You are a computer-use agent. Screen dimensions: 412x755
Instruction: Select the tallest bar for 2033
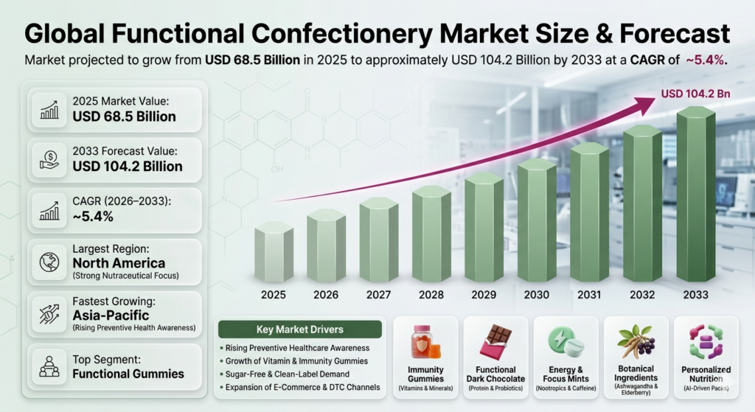pyautogui.click(x=695, y=195)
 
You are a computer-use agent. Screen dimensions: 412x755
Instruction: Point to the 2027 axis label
pyautogui.click(x=378, y=295)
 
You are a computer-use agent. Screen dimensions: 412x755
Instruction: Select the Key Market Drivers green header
pyautogui.click(x=299, y=329)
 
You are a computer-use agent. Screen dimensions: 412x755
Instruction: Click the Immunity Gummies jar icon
pyautogui.click(x=425, y=342)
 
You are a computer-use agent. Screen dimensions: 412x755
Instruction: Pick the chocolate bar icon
pyautogui.click(x=495, y=342)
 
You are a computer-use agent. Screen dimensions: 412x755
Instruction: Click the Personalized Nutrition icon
pyautogui.click(x=706, y=342)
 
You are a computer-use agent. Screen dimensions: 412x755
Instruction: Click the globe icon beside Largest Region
pyautogui.click(x=50, y=262)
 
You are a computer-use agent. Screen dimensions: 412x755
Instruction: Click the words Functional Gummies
pyautogui.click(x=128, y=373)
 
